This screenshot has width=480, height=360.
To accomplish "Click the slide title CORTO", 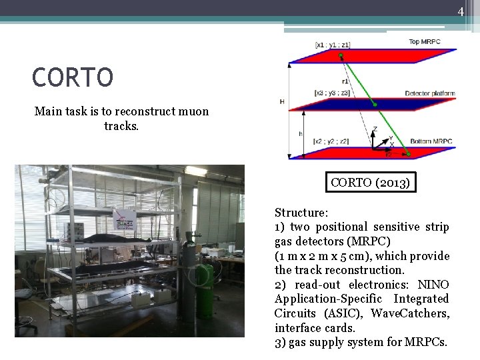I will coord(72,77).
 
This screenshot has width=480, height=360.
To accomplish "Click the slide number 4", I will coord(460,11).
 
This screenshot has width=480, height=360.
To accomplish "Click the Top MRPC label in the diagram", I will coord(424,42).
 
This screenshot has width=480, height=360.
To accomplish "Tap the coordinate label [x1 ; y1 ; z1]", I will coord(333,45).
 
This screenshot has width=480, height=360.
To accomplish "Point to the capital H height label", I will coord(282,102).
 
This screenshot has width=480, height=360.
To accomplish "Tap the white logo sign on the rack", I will coord(124,219).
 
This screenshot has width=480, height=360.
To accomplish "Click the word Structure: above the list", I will coord(301,213).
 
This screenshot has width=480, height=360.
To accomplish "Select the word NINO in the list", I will coord(437,285).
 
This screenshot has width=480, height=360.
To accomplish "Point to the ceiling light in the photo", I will coord(196,171).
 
